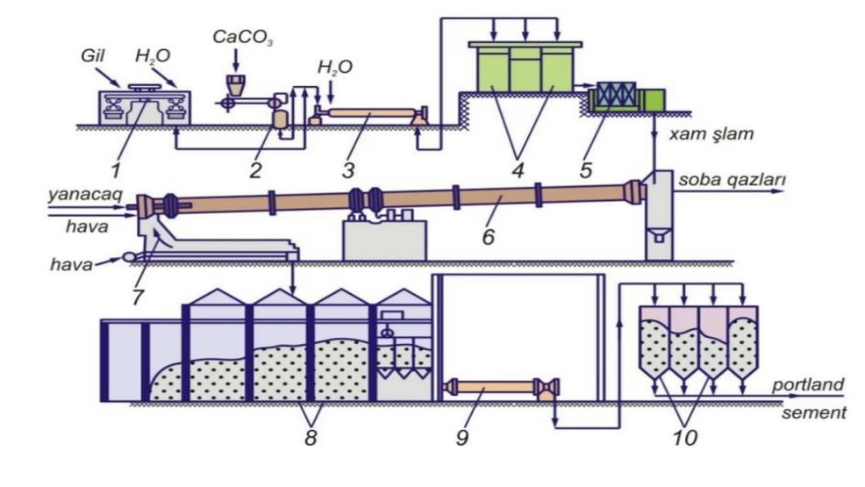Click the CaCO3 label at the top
pos(243,38)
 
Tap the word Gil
pos(93,55)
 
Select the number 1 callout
pos(115,170)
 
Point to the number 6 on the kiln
pos(489,237)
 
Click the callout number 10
pos(684,438)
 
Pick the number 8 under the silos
pos(311,438)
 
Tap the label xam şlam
pos(711,134)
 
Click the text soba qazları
pos(732,180)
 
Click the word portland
pos(808,383)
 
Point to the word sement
pos(814,412)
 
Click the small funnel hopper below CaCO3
pos(236,84)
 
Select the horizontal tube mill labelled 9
pos(502,387)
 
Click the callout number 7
pos(138,297)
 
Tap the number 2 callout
pos(255,170)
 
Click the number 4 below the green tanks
pos(518,170)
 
